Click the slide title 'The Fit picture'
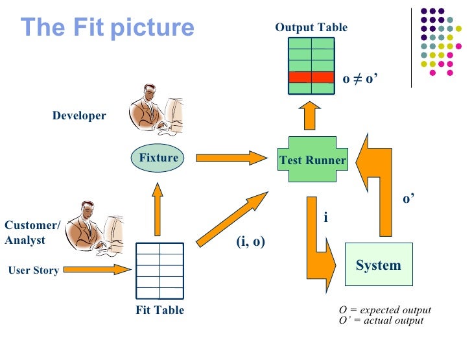107,27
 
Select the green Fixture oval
158,158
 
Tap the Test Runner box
312,160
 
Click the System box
378,265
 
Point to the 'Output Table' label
311,27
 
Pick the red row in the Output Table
311,77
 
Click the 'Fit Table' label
159,310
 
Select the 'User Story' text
33,270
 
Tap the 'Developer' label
79,115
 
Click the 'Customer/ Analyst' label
32,233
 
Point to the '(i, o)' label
250,242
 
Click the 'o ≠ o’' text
360,78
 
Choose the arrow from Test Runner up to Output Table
310,116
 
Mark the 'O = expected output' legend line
384,310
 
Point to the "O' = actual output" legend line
381,320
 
